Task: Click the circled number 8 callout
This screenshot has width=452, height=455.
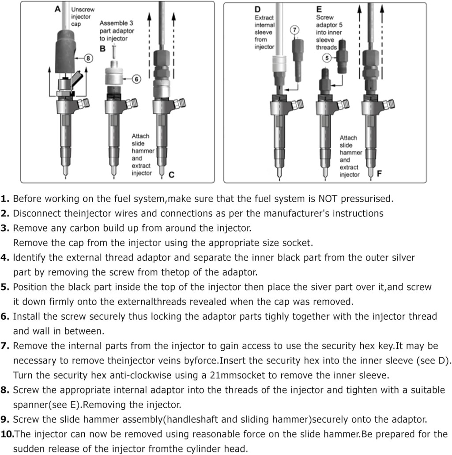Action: point(89,58)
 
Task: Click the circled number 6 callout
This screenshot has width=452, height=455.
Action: point(136,79)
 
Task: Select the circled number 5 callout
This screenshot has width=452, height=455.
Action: point(327,57)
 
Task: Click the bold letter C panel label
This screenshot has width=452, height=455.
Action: point(171,175)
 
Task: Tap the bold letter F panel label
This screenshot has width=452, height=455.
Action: point(379,174)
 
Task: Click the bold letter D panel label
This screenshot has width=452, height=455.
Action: point(258,9)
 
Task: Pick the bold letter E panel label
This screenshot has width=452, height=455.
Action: point(319,9)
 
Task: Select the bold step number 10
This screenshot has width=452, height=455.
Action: point(8,434)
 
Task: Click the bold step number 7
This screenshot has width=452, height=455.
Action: point(5,346)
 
